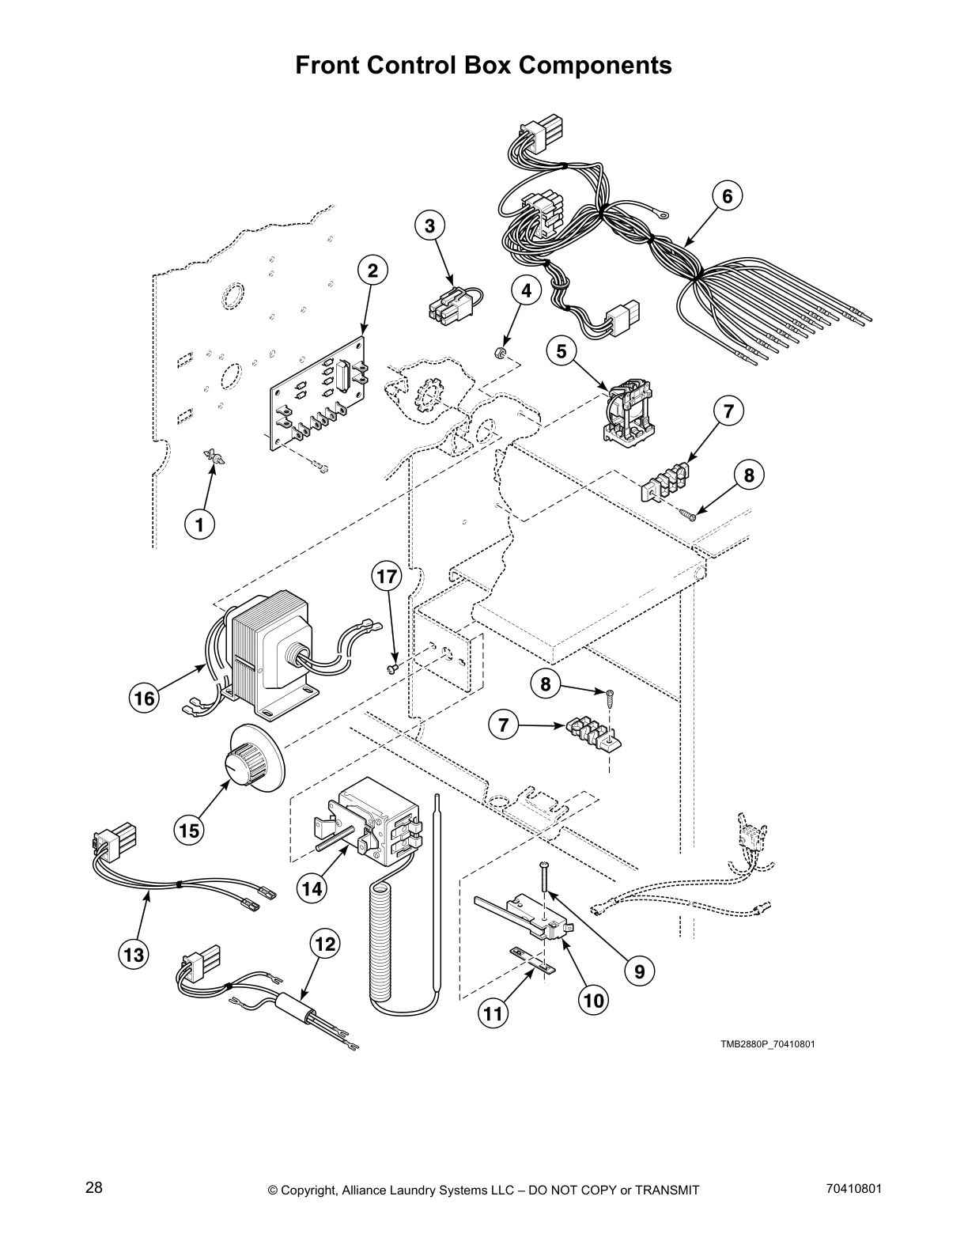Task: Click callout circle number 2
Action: (372, 271)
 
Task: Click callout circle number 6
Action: (728, 196)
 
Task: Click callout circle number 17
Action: (387, 577)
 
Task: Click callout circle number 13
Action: (133, 954)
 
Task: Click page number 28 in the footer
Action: (93, 1187)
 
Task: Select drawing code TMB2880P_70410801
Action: (766, 1043)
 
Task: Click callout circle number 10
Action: (593, 1001)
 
